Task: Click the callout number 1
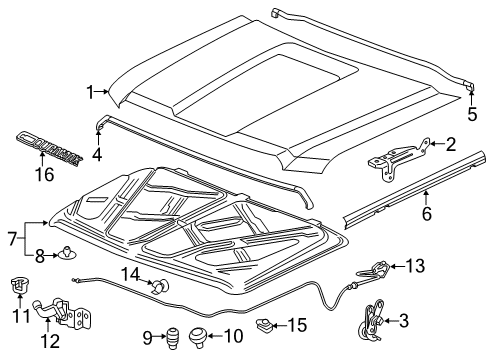(x=90, y=92)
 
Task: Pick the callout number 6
(x=425, y=213)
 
